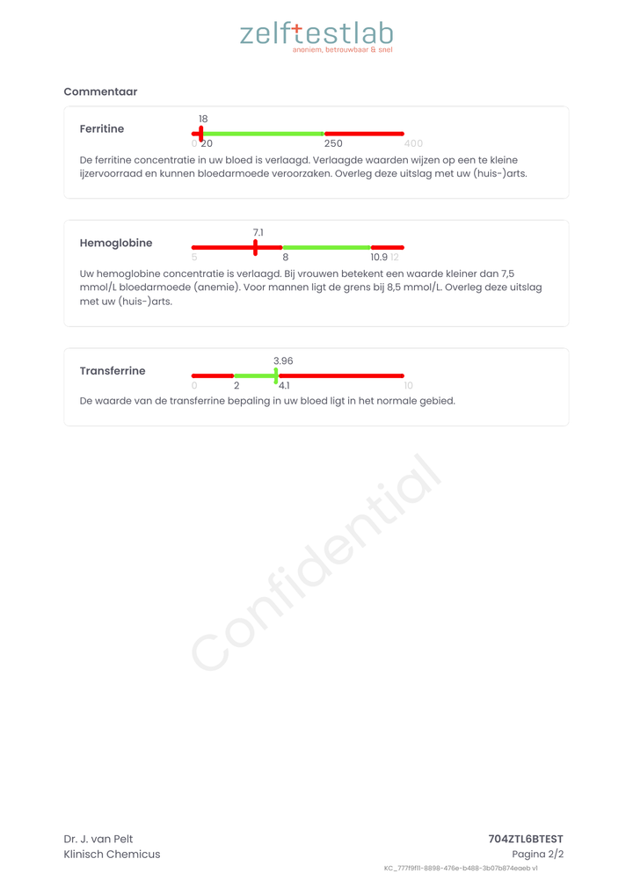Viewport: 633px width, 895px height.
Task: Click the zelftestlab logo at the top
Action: tap(316, 35)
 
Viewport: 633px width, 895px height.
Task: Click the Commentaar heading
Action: tap(100, 91)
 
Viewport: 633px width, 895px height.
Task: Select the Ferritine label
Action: tap(102, 129)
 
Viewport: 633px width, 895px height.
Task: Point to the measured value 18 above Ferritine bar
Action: tap(203, 119)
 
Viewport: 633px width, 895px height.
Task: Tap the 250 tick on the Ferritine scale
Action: tap(333, 143)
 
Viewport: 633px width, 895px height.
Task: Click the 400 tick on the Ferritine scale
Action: tap(413, 143)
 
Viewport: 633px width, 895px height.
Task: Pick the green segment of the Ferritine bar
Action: tap(264, 134)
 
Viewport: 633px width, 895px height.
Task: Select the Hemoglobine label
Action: tap(115, 243)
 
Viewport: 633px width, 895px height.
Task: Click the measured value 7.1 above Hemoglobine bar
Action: tap(258, 232)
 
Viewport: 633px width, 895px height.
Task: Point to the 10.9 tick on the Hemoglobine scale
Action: tap(379, 258)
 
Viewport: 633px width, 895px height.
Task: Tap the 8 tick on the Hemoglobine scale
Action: tap(286, 258)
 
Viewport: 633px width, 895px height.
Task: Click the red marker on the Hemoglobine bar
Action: tap(256, 247)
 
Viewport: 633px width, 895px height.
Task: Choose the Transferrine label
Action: tap(113, 371)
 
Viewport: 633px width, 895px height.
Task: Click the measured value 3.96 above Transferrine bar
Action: tap(283, 360)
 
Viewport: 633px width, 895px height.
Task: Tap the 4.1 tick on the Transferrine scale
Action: tap(284, 385)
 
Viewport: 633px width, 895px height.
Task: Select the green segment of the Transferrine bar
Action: tap(255, 375)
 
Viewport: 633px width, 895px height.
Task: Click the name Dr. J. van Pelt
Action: tap(98, 839)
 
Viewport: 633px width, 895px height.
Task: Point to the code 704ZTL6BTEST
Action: tap(526, 839)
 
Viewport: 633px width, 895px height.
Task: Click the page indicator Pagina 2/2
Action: tap(537, 854)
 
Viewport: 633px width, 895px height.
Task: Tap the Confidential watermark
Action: tap(316, 563)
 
